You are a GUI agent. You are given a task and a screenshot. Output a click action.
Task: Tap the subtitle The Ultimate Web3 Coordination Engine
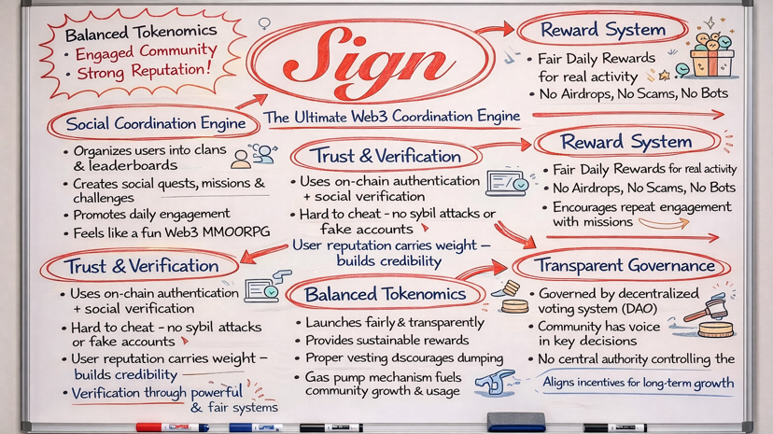point(392,117)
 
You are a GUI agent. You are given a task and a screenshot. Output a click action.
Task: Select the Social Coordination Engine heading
point(156,123)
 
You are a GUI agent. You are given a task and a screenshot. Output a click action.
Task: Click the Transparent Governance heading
point(625,266)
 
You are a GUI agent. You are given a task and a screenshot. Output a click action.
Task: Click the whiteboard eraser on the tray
point(515,422)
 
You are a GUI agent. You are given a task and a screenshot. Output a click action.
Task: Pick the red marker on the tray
point(172,427)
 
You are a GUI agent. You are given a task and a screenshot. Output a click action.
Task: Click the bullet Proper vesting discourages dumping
point(404,358)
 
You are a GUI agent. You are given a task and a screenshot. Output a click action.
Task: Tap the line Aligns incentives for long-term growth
point(639,383)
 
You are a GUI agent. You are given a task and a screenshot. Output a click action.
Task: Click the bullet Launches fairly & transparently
point(395,322)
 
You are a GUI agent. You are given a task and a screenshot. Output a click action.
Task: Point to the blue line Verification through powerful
point(157,393)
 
